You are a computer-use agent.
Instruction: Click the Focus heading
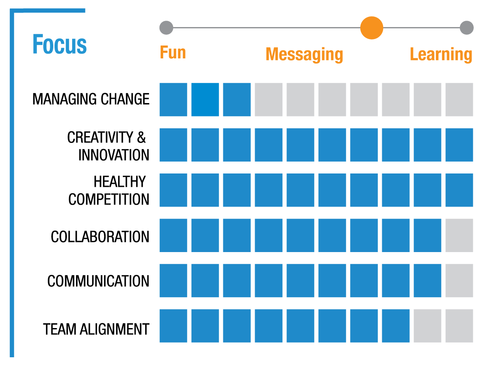60,45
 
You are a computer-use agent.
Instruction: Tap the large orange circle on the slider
371,28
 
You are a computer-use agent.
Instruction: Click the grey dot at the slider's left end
166,28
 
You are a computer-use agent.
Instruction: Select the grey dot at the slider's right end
466,28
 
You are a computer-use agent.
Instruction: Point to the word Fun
173,53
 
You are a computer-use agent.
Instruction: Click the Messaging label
304,55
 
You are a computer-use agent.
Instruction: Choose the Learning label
441,55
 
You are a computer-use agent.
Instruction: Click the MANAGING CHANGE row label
91,99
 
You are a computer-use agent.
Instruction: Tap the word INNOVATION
114,155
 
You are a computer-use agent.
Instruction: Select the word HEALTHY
120,182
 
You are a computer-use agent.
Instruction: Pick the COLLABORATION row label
100,237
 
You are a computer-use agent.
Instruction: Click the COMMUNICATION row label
98,281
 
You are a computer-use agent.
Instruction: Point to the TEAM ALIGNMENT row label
96,329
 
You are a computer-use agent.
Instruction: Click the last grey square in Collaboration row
459,235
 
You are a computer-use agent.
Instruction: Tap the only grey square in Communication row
459,280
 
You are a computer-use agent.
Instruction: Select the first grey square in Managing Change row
268,100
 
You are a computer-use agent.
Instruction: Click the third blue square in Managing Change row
237,100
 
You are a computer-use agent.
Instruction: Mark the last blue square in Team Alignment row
396,326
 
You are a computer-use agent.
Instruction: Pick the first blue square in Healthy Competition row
173,190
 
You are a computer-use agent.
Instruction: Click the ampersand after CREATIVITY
141,137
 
